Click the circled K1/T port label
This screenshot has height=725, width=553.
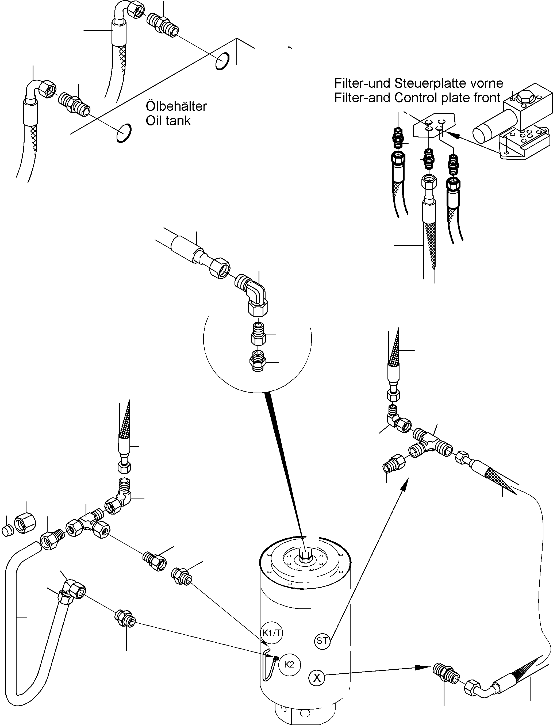272,632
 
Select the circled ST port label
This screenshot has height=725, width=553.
322,640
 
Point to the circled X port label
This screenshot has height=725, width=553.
317,678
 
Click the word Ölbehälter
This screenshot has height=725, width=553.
176,106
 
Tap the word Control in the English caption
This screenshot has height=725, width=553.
416,98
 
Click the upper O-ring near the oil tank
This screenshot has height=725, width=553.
222,61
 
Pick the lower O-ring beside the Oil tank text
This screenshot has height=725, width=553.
124,133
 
